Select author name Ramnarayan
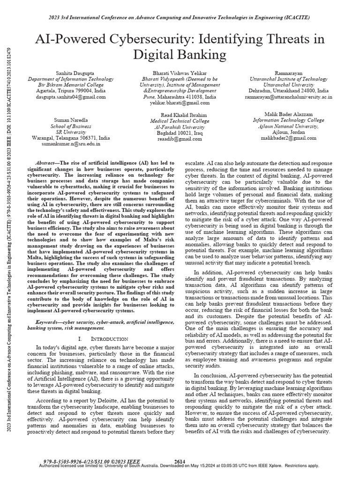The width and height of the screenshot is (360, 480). click(x=288, y=74)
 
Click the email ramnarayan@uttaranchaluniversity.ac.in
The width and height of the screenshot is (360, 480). click(x=288, y=97)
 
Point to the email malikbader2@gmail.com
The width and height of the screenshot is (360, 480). click(x=288, y=139)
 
